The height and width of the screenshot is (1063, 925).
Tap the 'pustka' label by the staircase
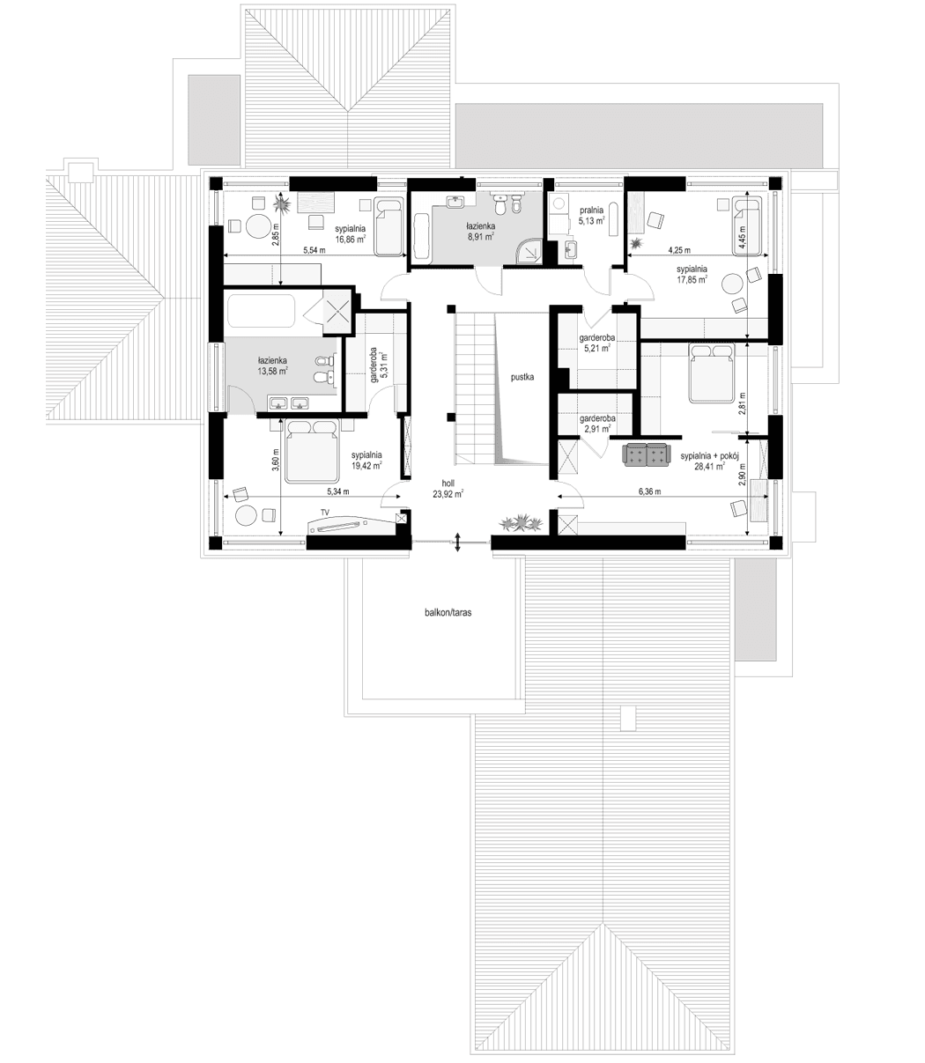[522, 376]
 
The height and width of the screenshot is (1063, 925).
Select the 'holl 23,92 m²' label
[448, 489]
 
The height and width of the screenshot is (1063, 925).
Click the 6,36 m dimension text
[650, 492]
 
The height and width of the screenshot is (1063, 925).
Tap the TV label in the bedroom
[325, 511]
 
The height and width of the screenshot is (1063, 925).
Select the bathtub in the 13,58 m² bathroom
[261, 311]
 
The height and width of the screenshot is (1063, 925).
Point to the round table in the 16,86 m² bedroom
[256, 226]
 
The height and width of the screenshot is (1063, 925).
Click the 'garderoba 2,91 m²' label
[597, 424]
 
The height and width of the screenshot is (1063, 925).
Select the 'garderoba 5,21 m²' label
[597, 343]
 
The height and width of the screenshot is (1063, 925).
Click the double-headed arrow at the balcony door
[458, 543]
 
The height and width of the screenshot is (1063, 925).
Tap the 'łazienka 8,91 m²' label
[481, 231]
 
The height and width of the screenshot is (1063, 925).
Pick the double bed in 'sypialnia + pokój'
[710, 373]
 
